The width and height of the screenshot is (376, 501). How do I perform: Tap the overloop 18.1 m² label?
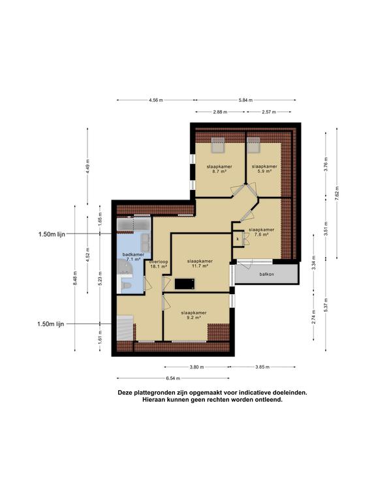pos(159,264)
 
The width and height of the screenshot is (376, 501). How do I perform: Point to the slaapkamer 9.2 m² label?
pos(194,316)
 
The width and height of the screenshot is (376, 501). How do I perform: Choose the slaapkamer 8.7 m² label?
pos(219,170)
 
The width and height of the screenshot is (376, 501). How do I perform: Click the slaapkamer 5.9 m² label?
pos(264,170)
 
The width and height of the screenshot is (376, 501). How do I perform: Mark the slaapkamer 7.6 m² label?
pos(261,232)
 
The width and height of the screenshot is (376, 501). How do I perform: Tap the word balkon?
pos(266,274)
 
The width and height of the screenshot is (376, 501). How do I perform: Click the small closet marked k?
pos(238,239)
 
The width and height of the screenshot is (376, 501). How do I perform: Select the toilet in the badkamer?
pos(126,285)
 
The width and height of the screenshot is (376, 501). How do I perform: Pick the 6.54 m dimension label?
pos(172,378)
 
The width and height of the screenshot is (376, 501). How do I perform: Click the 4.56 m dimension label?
pos(155,100)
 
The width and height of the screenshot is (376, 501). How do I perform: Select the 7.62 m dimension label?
pos(336,193)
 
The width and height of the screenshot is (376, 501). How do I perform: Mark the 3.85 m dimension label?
pos(263,367)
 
